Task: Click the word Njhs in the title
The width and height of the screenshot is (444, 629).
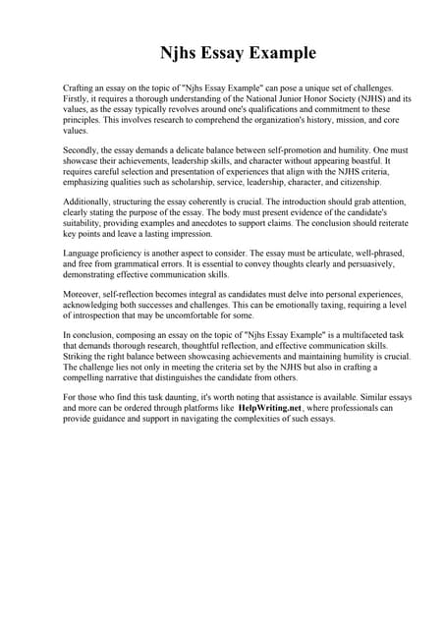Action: [182, 52]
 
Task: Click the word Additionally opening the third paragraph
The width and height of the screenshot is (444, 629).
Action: [89, 200]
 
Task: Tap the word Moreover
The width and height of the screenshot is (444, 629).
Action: [83, 294]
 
